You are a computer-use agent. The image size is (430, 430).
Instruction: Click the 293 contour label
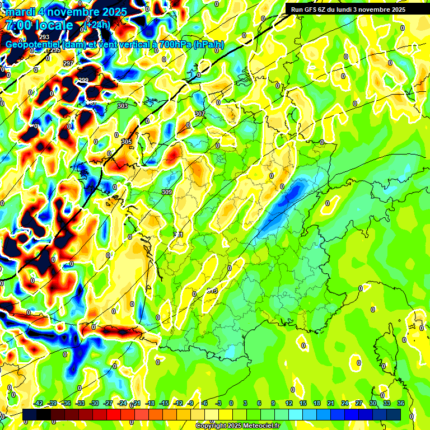(44, 37)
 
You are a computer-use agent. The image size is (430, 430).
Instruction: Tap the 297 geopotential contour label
(68, 63)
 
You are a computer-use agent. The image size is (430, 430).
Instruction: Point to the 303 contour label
(123, 106)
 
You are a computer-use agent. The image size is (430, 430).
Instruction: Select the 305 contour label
(127, 142)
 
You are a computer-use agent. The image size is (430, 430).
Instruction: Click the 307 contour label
(199, 114)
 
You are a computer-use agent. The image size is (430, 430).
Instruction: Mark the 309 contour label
(166, 192)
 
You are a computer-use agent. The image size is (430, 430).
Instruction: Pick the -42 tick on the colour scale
(39, 404)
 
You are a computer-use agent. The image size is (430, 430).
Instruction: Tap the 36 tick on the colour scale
(401, 404)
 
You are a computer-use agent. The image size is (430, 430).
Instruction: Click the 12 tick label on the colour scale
(289, 404)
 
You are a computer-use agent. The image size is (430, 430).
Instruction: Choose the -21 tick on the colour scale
(136, 404)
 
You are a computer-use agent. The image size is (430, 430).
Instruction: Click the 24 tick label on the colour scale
(345, 404)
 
